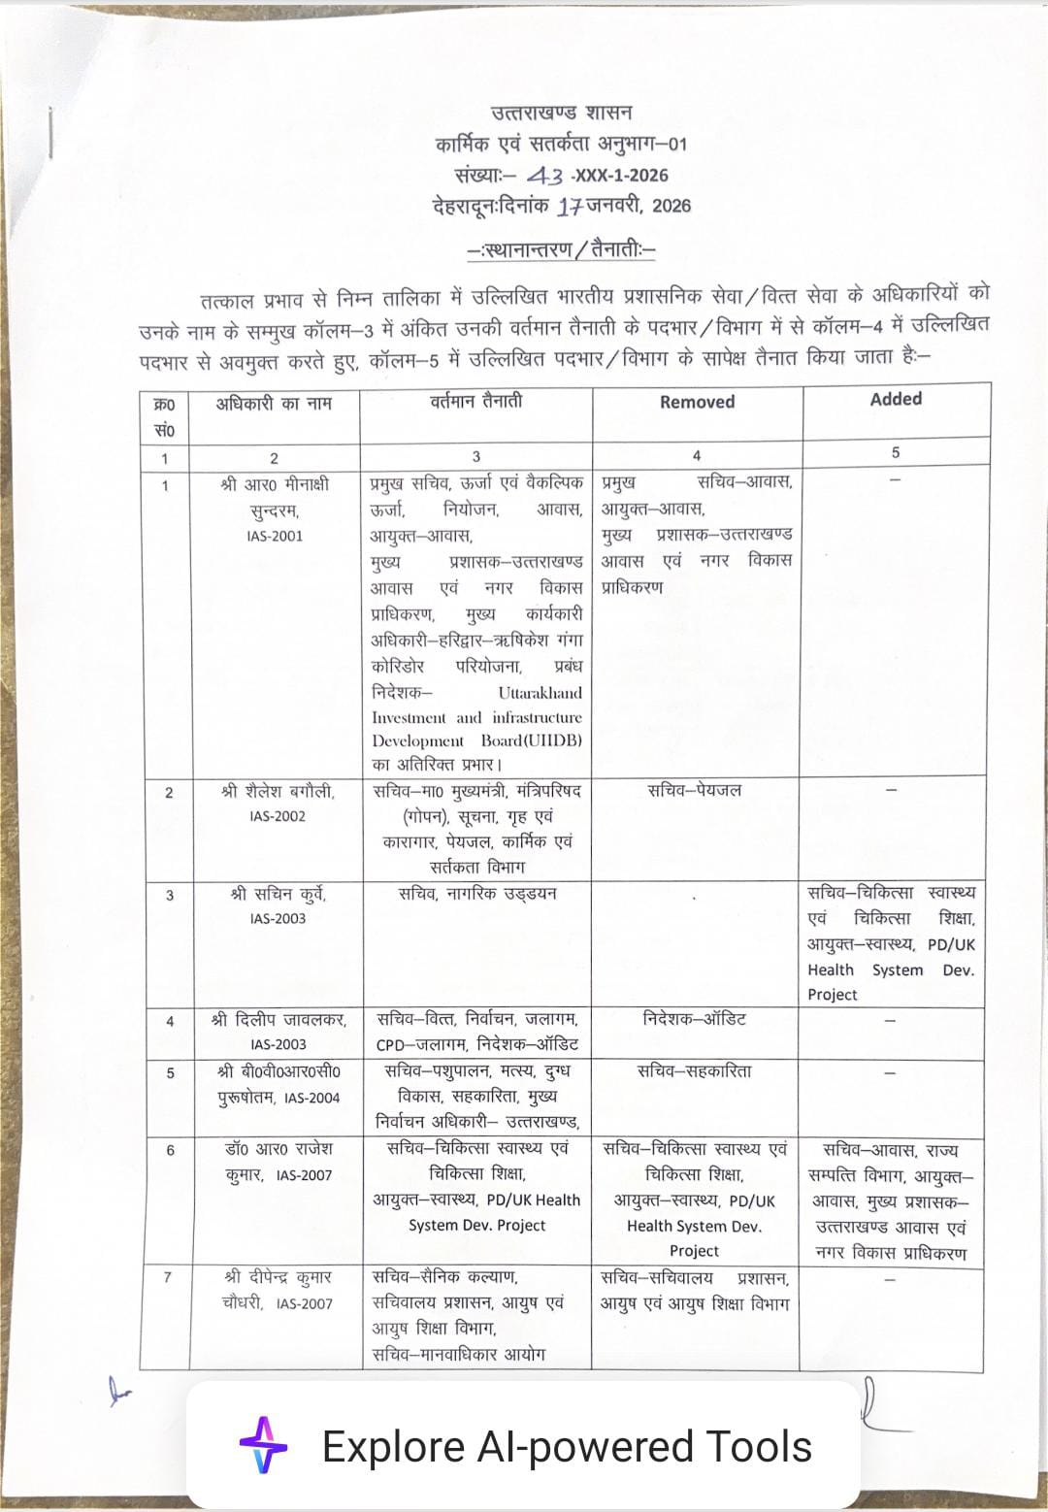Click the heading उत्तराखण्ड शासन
tap(562, 114)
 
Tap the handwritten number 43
tap(544, 176)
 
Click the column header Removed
tap(697, 402)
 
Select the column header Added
tap(896, 399)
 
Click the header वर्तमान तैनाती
tap(475, 401)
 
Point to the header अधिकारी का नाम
tap(274, 403)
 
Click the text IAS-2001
tap(275, 536)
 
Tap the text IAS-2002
tap(277, 816)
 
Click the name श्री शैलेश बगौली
tap(277, 792)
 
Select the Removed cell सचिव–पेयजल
tap(695, 791)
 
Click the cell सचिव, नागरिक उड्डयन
tap(477, 894)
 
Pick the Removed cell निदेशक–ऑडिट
tap(695, 1019)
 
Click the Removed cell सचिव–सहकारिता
tap(695, 1071)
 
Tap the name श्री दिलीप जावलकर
tap(278, 1020)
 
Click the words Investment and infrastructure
tap(476, 718)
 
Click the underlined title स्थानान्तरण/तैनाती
tap(562, 250)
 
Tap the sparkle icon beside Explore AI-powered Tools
tap(264, 1446)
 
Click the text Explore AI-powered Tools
tap(567, 1446)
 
